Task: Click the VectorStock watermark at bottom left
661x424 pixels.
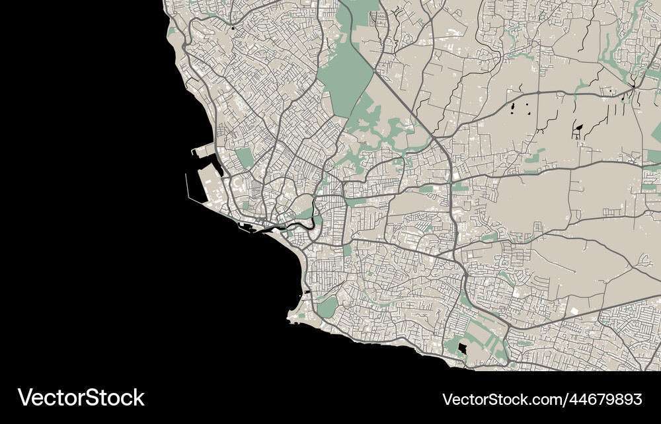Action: [81, 398]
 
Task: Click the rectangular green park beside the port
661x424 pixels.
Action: [244, 157]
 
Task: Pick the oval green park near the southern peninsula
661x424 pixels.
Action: [327, 306]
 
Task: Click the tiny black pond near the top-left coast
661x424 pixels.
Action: [233, 28]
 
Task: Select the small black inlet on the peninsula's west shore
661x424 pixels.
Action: [306, 292]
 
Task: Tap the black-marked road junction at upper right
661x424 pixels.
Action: [633, 86]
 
